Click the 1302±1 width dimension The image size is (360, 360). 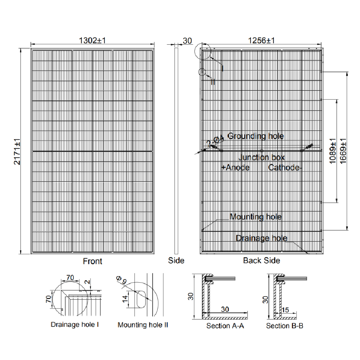coord(92,41)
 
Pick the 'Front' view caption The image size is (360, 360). coord(93,261)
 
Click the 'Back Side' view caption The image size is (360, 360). coord(261,260)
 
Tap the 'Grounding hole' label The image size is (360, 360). coord(256,136)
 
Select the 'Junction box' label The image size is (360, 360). coord(262,157)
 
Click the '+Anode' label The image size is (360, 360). coord(235,167)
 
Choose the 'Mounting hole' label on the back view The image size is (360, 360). coord(256,217)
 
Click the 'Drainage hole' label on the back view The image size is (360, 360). coord(261,238)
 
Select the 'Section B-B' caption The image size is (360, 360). coord(284,326)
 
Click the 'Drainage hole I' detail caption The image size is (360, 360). coord(75,325)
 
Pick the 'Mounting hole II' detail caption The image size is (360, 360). coord(143,325)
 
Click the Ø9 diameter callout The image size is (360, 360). coord(122,280)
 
